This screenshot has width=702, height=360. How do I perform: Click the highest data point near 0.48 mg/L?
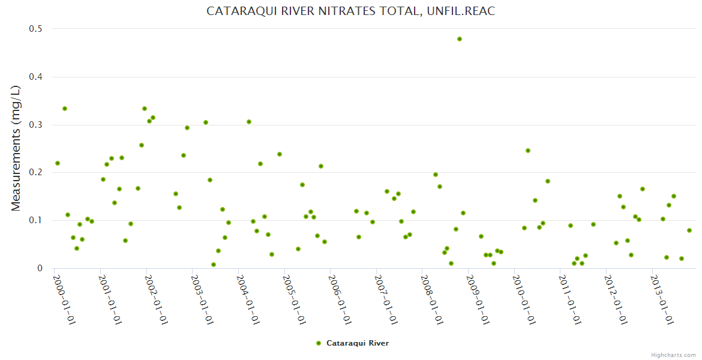click(x=460, y=39)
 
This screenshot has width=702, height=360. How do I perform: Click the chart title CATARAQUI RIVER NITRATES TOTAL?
click(x=351, y=11)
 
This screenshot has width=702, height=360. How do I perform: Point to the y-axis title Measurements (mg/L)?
click(x=16, y=148)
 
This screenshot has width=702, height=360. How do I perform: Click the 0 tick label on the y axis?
click(x=40, y=268)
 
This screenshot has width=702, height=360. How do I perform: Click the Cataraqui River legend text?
click(x=357, y=343)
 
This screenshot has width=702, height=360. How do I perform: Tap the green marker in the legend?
click(x=319, y=343)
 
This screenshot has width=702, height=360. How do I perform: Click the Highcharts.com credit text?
click(x=673, y=355)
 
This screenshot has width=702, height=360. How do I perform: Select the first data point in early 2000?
click(x=58, y=163)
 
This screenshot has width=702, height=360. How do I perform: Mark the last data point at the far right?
click(x=689, y=230)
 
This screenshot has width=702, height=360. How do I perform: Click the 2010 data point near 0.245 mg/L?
click(x=528, y=151)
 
